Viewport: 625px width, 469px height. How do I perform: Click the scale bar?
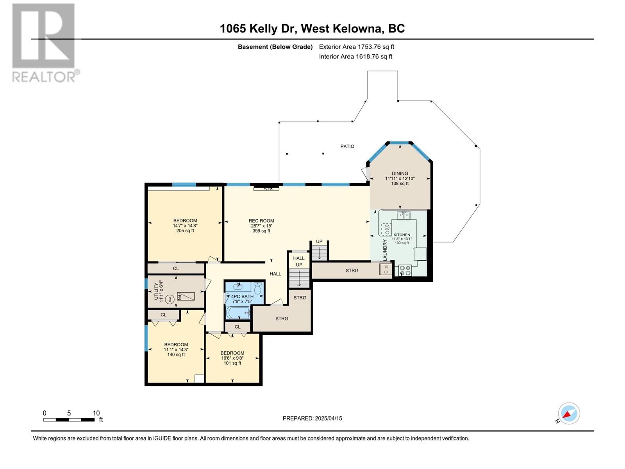point(69,419)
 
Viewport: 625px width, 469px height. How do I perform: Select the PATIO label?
point(347,146)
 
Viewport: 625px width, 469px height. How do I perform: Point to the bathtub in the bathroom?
point(238,312)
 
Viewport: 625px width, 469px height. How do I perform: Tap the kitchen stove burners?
point(405,270)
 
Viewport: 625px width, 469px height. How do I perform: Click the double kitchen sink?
point(404,216)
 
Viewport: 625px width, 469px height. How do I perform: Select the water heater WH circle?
point(170,299)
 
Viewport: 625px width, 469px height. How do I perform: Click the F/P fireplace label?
point(267,189)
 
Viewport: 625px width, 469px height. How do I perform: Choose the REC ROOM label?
point(261,221)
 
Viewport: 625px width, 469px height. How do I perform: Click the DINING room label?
point(400,174)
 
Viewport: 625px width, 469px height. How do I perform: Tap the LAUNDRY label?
point(385,250)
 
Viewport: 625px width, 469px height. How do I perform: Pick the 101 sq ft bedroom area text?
point(232,363)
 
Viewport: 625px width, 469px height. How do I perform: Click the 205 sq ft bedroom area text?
point(185,231)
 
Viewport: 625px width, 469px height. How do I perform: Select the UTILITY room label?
point(156,291)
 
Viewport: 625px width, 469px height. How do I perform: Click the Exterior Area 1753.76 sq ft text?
point(357,47)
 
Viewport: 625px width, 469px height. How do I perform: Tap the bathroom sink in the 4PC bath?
point(238,286)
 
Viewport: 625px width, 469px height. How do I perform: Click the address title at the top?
point(312,29)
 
